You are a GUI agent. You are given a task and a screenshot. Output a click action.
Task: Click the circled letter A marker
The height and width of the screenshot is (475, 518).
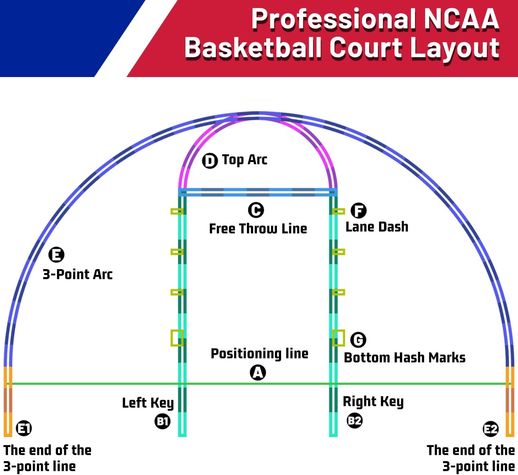click(x=258, y=373)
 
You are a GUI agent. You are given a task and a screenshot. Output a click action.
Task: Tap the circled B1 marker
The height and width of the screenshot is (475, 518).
click(x=162, y=421)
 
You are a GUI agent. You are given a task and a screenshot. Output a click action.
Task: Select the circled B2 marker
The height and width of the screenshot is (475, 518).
click(x=354, y=420)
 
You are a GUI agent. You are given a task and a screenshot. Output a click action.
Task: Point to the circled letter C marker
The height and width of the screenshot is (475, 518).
click(x=256, y=210)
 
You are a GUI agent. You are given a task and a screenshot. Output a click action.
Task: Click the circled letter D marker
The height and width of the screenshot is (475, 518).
click(x=210, y=161)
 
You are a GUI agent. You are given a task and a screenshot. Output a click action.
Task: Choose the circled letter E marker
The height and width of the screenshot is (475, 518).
click(x=56, y=255)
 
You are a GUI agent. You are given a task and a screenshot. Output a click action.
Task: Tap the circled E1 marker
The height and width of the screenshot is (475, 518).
click(x=24, y=429)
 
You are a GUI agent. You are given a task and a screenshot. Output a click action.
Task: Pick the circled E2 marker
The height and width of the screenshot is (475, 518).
click(x=490, y=429)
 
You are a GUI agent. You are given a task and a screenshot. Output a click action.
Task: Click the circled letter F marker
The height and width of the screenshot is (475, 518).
click(x=358, y=210)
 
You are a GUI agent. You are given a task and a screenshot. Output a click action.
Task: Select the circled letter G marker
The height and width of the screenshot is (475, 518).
click(x=358, y=340)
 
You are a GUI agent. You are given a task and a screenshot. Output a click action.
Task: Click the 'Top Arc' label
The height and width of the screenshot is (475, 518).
click(x=244, y=160)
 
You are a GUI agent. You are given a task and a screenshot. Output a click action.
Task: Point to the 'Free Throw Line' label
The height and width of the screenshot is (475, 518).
click(x=258, y=229)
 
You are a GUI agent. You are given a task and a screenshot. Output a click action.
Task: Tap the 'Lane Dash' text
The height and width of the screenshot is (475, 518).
click(x=377, y=227)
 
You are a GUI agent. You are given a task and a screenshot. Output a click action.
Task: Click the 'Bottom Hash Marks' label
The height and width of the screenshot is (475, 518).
click(x=404, y=358)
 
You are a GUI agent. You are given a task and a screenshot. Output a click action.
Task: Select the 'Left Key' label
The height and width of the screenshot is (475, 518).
click(x=148, y=403)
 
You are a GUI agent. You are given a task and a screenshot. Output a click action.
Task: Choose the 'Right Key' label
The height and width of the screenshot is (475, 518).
click(x=373, y=401)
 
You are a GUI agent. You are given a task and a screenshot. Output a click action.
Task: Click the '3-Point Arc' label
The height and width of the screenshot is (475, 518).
click(x=78, y=274)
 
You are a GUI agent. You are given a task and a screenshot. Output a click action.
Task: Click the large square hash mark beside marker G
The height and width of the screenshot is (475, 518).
click(x=338, y=338)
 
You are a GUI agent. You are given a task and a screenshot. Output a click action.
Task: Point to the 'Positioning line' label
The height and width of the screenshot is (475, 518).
click(x=259, y=354)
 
